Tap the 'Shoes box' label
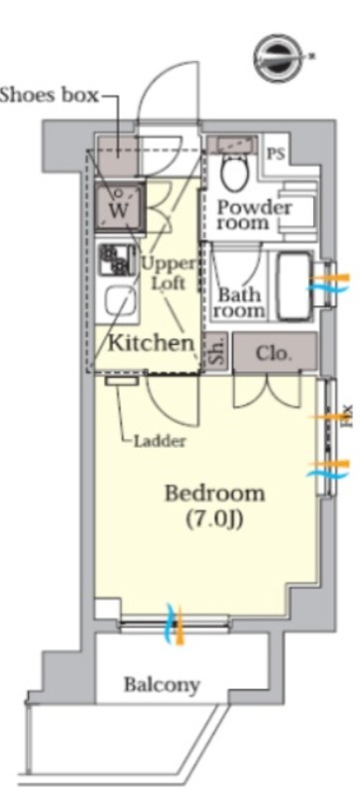49,94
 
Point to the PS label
276,154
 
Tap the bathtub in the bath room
294,287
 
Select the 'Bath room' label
239,302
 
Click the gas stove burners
118,259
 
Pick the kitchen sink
121,301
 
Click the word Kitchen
152,343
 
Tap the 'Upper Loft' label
169,273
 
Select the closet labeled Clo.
274,353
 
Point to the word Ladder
160,441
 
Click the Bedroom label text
215,493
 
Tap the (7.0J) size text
213,520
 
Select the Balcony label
163,685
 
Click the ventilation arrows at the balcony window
175,622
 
